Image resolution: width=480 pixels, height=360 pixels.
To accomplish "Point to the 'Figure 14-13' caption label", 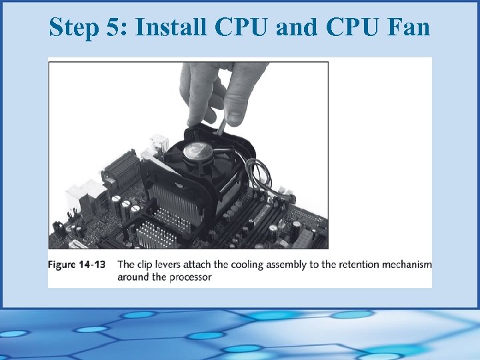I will coord(77,265).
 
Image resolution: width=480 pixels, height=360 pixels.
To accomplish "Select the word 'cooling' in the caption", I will coord(248,265).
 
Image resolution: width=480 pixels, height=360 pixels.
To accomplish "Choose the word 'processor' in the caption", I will coord(190,277).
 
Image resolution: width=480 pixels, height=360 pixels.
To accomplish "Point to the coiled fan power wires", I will coord(267,177).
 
